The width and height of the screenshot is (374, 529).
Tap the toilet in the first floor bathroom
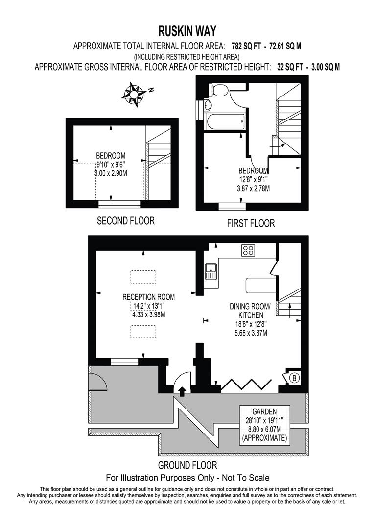click(218, 90)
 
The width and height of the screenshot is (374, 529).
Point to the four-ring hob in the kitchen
click(248, 251)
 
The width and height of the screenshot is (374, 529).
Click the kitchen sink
click(211, 271)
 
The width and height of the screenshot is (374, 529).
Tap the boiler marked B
click(295, 378)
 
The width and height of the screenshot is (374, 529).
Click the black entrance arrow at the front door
click(183, 391)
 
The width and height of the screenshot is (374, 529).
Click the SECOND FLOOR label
click(126, 221)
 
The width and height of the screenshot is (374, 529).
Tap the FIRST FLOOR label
click(251, 223)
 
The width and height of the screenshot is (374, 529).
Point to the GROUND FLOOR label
click(187, 465)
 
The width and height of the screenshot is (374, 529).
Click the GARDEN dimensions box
click(264, 425)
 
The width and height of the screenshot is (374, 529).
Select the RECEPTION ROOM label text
click(148, 297)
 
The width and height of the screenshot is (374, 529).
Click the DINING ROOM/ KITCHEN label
click(247, 311)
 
